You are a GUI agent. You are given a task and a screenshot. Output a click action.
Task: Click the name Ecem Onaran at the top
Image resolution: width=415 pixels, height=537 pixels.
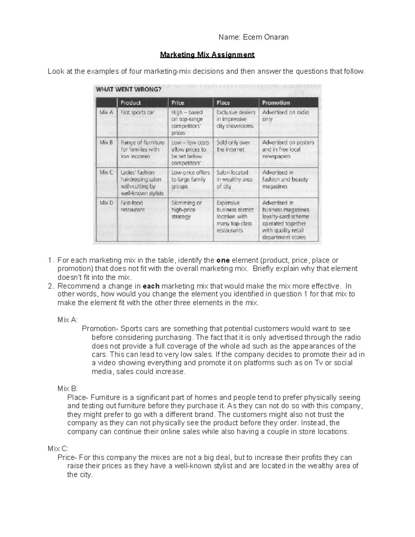point(270,37)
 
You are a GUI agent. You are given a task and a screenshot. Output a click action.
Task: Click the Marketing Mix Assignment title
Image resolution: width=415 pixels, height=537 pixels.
point(207,55)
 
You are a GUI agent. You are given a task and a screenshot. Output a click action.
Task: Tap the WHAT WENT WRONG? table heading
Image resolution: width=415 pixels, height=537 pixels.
point(128,90)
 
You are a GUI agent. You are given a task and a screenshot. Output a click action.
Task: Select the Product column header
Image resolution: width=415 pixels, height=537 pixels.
point(131,103)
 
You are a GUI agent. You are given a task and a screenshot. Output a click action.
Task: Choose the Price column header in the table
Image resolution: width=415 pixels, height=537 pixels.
point(178,103)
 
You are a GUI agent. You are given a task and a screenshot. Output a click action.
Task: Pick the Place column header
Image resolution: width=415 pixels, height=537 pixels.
point(223,103)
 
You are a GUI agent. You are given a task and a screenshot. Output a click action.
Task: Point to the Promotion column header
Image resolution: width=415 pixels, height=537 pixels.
point(276,103)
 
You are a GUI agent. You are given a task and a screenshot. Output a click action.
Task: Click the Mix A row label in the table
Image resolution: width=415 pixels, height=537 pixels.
point(106,112)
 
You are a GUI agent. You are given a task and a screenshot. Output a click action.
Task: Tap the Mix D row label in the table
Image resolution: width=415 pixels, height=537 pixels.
point(106,203)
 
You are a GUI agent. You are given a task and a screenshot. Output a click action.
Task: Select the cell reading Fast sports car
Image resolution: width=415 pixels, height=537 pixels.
point(137,112)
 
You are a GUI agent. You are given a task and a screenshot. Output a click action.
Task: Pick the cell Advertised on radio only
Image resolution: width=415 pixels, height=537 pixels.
point(285,115)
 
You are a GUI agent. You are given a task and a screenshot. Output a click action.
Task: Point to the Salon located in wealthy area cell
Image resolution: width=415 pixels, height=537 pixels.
point(234,179)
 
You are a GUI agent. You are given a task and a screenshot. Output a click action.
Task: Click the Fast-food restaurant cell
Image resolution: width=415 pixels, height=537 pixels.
point(133,206)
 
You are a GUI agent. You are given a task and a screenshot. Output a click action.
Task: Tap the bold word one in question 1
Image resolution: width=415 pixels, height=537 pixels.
point(223,260)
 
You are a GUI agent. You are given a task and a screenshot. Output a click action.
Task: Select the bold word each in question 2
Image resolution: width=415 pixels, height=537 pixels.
point(150,286)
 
